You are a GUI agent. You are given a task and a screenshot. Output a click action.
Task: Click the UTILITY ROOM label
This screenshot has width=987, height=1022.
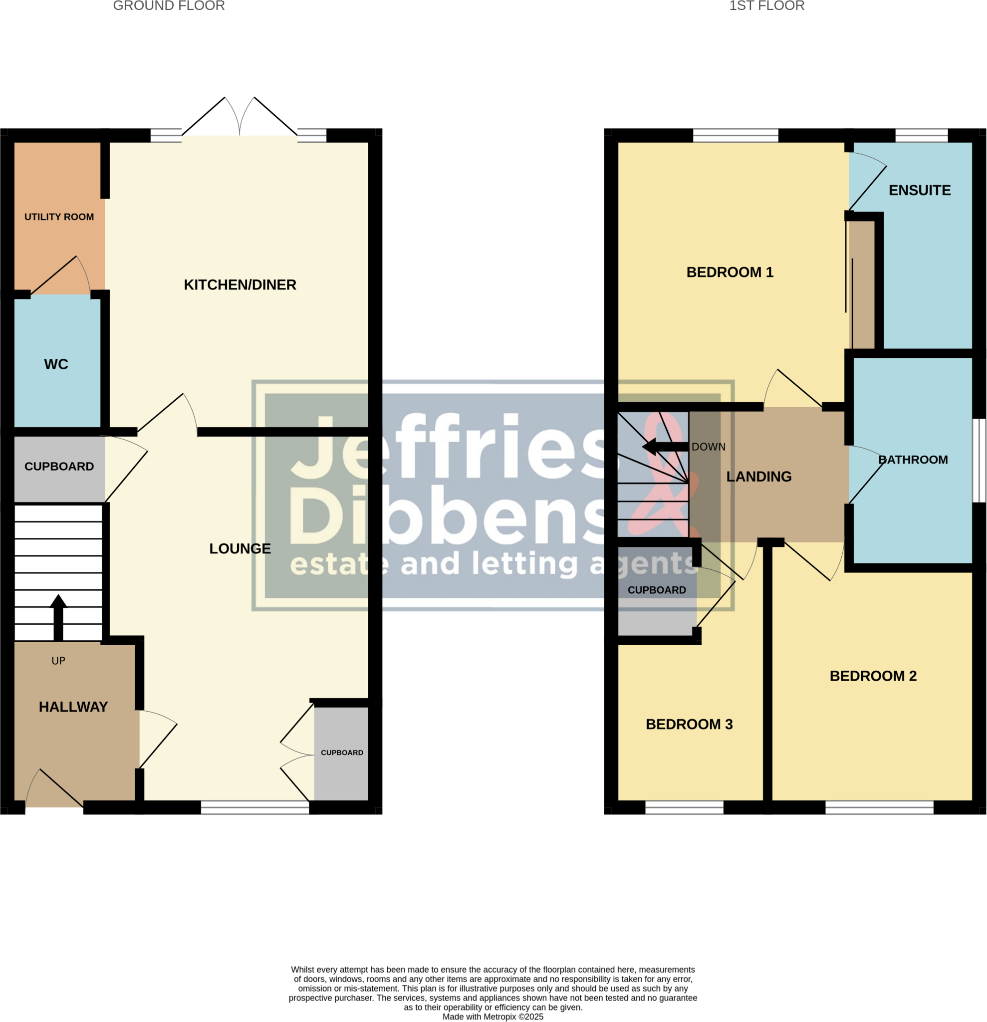tap(59, 217)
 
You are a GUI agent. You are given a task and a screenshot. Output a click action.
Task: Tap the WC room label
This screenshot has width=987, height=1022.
tap(56, 364)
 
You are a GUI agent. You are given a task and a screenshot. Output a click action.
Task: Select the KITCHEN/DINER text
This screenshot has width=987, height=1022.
tap(240, 285)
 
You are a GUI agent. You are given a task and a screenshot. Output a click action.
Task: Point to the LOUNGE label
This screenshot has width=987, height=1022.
tap(240, 548)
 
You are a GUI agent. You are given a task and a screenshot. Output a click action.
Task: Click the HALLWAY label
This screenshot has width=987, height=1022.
tap(73, 707)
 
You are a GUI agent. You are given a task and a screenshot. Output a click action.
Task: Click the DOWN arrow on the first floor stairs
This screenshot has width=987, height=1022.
tap(664, 447)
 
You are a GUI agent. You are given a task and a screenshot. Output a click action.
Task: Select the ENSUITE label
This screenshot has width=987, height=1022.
tap(919, 190)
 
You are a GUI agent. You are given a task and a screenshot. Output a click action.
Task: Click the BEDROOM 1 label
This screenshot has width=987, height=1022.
tap(730, 272)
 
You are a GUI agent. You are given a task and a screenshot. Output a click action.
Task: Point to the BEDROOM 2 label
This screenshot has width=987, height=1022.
tap(873, 676)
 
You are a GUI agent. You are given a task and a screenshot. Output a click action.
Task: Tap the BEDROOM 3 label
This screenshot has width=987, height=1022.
tap(689, 724)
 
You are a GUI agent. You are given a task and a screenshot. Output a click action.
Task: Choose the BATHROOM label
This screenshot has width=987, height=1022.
tap(913, 460)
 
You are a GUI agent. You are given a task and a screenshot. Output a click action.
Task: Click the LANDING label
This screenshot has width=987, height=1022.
tap(758, 477)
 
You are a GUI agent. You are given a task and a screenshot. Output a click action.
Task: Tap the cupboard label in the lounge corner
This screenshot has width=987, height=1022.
tap(341, 753)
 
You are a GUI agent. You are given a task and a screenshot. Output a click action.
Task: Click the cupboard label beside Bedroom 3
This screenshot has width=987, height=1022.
tap(657, 590)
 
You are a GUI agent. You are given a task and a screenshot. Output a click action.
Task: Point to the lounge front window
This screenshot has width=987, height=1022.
tap(255, 807)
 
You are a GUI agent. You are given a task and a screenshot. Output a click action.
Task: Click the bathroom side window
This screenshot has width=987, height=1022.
tap(979, 461)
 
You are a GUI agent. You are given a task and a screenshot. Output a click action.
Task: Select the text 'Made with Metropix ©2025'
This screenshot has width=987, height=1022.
tap(493, 1017)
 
